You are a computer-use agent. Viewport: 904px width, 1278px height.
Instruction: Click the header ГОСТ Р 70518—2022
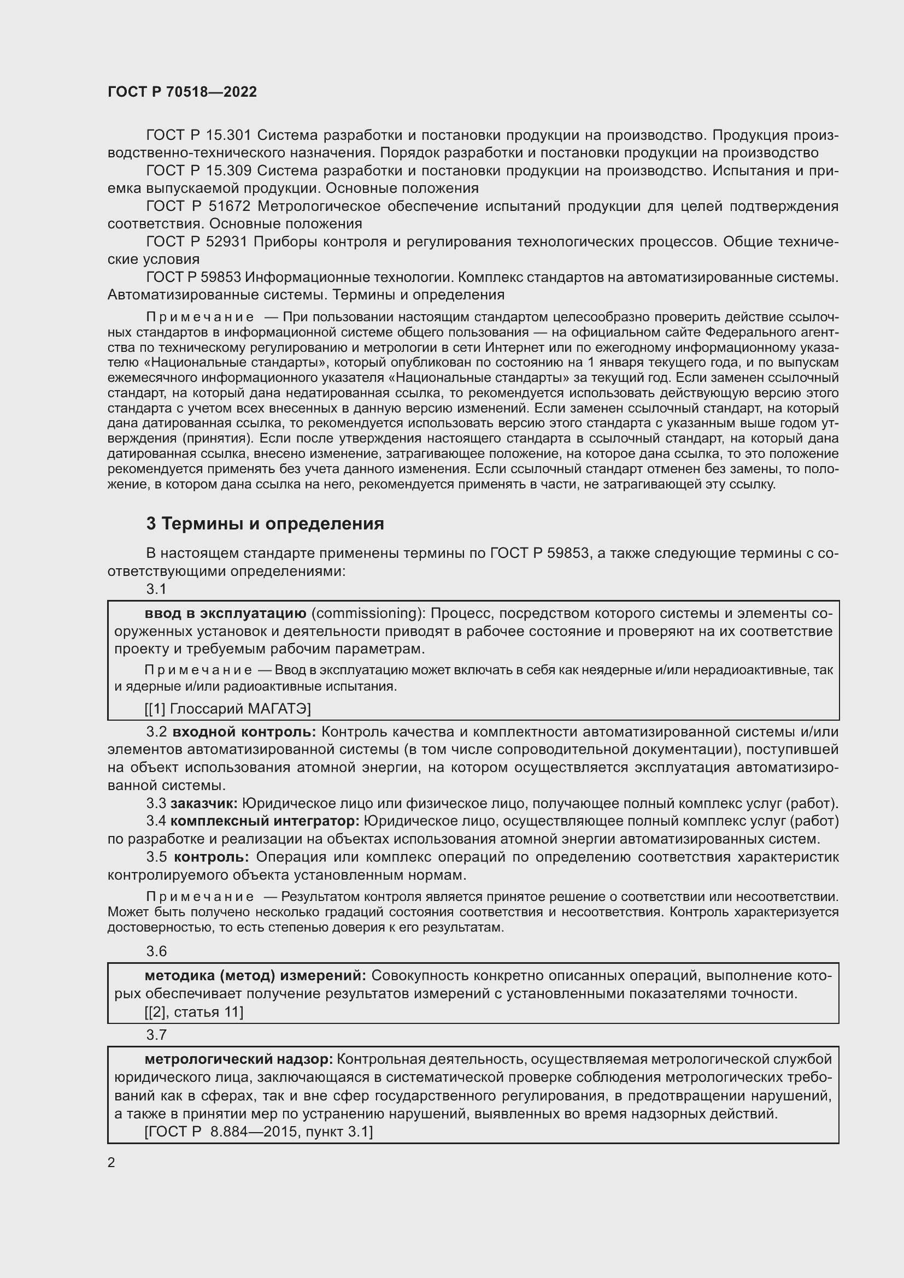(x=183, y=92)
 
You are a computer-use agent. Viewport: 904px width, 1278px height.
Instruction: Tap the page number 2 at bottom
(x=111, y=1163)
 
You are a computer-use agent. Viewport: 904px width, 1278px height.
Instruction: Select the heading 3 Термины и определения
(x=265, y=524)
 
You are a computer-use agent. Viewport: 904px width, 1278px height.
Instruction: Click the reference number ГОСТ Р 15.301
(x=199, y=136)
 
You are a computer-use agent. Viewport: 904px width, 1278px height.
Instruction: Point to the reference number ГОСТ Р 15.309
(x=199, y=171)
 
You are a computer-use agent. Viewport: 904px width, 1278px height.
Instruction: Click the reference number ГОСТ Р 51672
(x=198, y=207)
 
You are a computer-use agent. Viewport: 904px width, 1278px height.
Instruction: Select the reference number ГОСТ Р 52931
(x=199, y=242)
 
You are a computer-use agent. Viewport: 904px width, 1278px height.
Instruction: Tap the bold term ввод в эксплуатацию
(x=225, y=614)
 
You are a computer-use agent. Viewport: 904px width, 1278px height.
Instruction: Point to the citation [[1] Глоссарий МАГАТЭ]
(x=228, y=709)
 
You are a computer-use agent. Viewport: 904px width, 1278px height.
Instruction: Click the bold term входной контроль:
(x=244, y=732)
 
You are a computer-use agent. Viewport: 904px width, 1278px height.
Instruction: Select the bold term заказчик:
(x=204, y=804)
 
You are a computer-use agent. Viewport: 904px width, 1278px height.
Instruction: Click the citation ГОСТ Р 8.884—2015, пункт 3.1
(x=259, y=1132)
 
